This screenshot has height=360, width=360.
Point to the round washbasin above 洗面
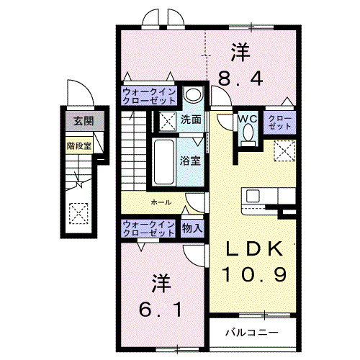coord(192,95)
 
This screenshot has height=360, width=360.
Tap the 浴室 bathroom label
coord(191,161)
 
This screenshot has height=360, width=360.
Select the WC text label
coord(247,117)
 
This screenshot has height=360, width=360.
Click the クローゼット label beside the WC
coord(280,120)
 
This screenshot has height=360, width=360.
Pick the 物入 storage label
coord(193,228)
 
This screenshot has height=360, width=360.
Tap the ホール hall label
coord(161,203)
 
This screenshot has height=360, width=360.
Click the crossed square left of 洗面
coord(168,120)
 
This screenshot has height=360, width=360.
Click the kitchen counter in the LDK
coord(269,195)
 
